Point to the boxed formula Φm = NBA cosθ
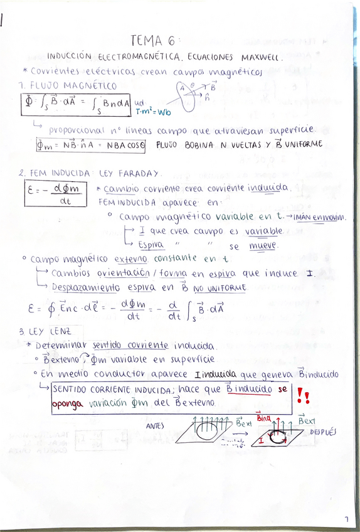point(90,144)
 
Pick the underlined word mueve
point(263,247)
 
